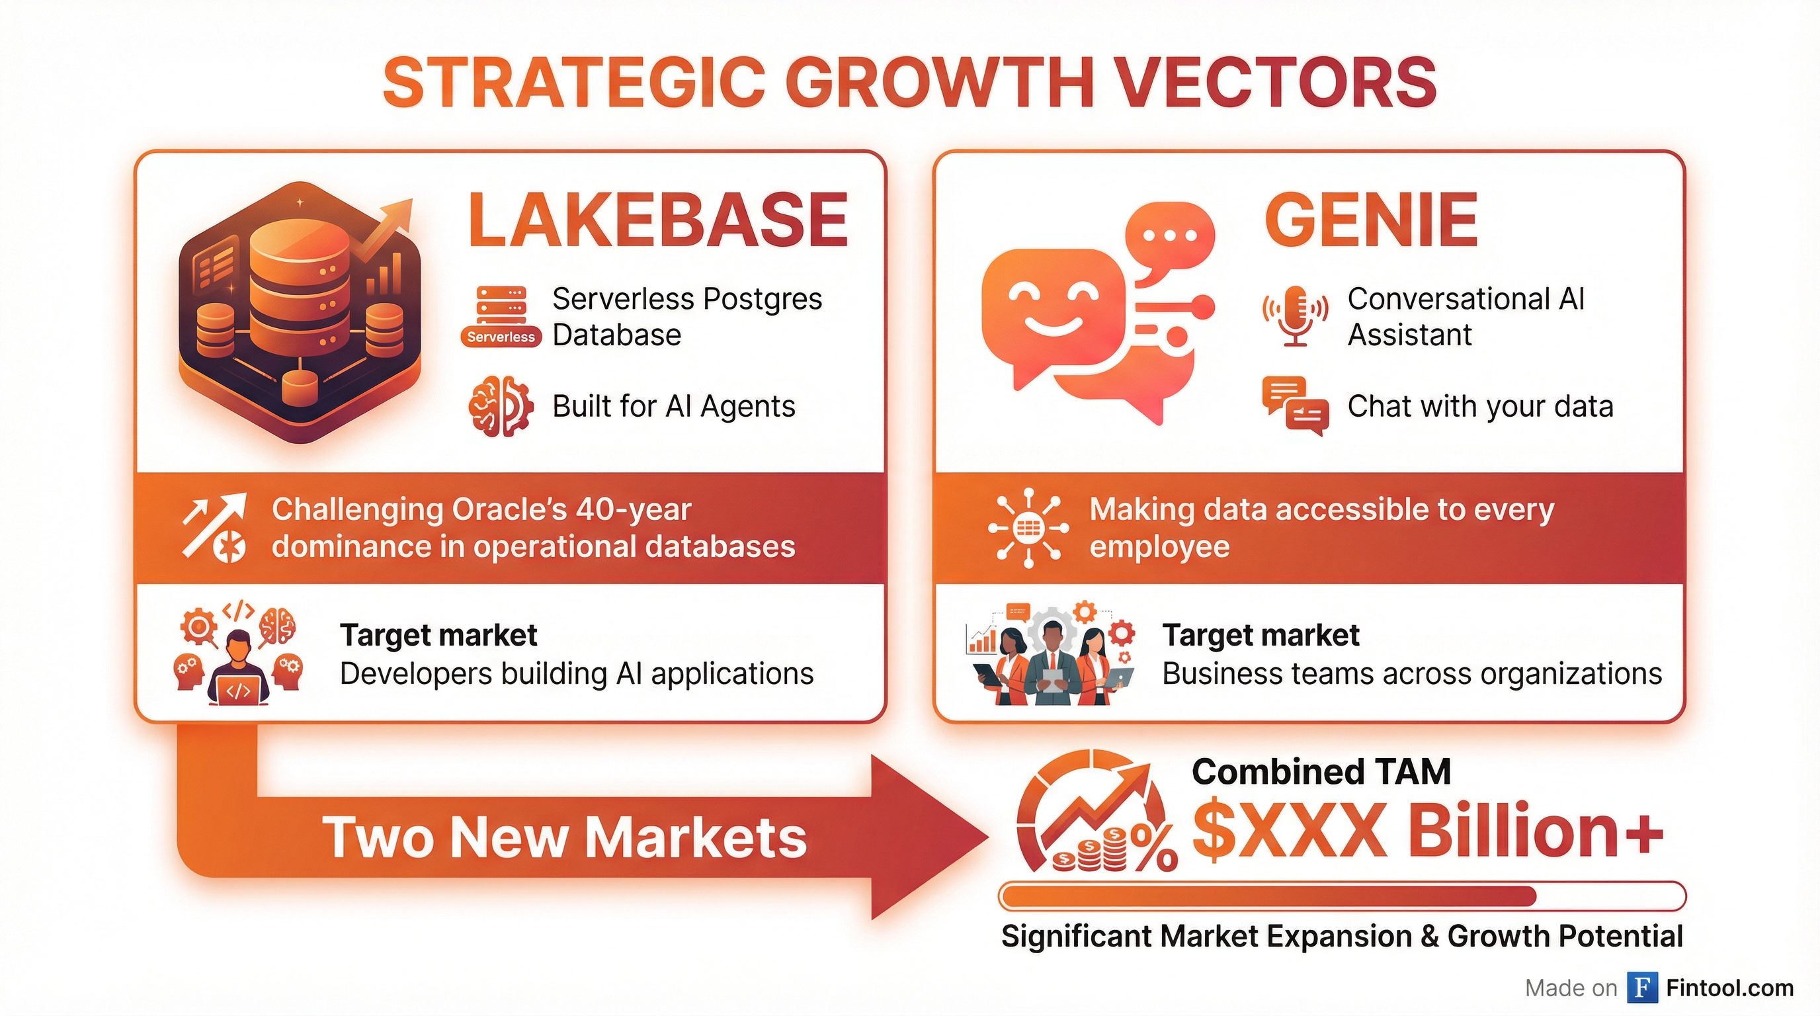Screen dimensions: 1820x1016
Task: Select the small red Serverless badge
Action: tap(501, 337)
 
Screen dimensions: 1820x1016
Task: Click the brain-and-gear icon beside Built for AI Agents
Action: tap(500, 406)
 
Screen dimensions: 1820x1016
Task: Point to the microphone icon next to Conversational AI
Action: tap(1295, 316)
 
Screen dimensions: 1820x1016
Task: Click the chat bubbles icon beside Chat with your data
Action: tap(1295, 406)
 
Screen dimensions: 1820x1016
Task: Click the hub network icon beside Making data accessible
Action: tap(1028, 528)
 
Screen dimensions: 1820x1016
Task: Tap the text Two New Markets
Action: tap(565, 837)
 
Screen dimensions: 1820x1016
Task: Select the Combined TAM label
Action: tap(1321, 771)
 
